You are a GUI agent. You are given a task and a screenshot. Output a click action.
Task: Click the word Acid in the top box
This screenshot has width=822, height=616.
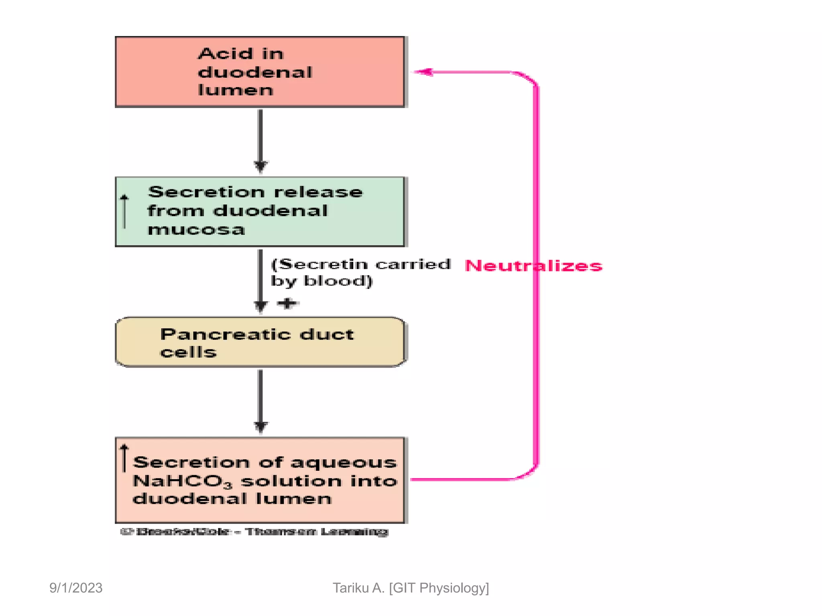[x=226, y=54]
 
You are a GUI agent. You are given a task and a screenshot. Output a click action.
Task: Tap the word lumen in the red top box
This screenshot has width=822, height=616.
[x=236, y=90]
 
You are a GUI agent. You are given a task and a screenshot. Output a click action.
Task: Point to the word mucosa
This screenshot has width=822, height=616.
[x=196, y=230]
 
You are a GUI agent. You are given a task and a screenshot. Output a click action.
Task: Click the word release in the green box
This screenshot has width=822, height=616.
[x=318, y=192]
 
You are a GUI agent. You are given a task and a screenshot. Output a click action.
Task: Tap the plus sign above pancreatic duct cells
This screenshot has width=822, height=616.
[x=288, y=303]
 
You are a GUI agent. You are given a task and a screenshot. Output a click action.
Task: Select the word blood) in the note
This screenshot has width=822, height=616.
[x=338, y=281]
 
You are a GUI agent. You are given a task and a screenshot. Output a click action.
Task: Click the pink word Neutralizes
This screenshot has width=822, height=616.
[x=533, y=266]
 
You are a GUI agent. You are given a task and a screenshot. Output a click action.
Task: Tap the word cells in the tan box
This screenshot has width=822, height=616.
[x=188, y=353]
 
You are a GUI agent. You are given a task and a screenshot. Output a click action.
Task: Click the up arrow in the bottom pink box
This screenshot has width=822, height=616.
[x=124, y=458]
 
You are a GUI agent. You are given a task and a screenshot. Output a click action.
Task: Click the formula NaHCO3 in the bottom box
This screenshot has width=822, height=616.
[x=182, y=481]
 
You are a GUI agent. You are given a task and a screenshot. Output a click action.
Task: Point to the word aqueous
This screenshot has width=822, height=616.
[x=344, y=463]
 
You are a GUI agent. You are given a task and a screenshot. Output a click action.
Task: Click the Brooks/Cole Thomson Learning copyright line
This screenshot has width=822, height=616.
[x=254, y=532]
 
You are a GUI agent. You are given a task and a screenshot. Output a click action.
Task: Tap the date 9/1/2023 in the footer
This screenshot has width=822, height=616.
[x=76, y=588]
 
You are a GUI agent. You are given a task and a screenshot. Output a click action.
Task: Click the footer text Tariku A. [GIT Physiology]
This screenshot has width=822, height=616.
[x=411, y=588]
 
